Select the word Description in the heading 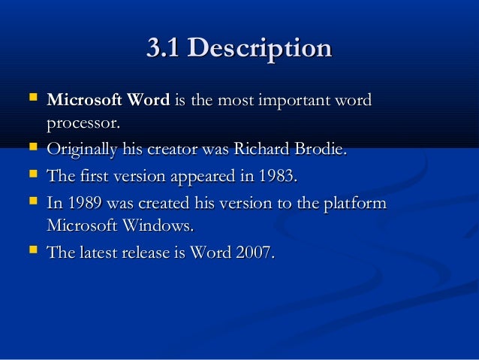259,49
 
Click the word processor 82,122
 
